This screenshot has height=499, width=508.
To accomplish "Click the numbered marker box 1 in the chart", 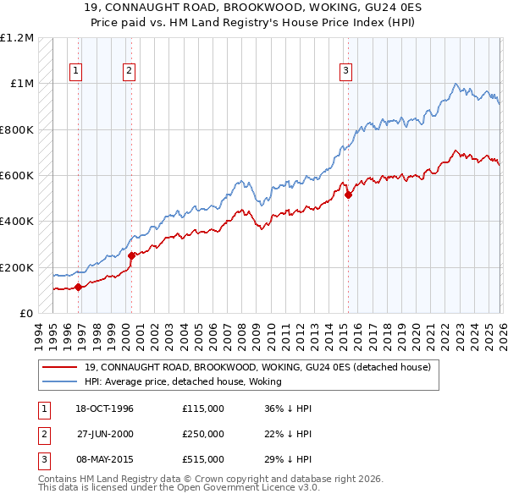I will (x=76, y=72).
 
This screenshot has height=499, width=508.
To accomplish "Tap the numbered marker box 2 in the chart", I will (x=129, y=72).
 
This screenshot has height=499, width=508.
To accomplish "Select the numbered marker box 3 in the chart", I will (x=346, y=72).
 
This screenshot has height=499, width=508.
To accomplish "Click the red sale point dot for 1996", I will (x=79, y=287).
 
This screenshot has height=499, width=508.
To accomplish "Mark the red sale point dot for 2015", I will (x=348, y=195).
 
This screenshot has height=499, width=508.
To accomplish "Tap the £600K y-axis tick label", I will (x=17, y=176).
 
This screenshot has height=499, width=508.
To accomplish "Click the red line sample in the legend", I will (x=59, y=367).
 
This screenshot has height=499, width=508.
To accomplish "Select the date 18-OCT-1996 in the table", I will (x=104, y=409).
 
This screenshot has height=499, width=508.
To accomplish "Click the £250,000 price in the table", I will (x=203, y=434).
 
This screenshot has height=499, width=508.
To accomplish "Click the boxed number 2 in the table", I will (x=43, y=434).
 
